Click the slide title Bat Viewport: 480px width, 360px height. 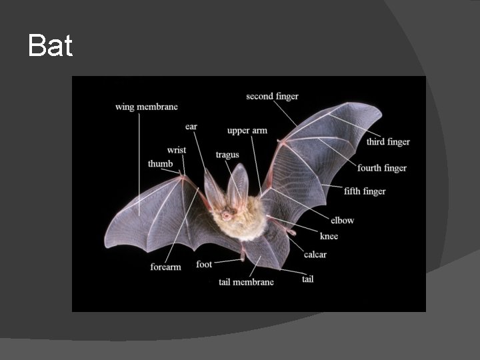click(x=50, y=46)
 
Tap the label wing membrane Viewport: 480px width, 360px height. click(x=147, y=107)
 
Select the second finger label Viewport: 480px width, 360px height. click(x=272, y=97)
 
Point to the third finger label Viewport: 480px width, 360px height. click(x=388, y=142)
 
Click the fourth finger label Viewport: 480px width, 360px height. click(x=382, y=168)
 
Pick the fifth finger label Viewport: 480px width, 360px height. click(x=365, y=191)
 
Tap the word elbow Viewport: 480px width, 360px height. click(x=342, y=220)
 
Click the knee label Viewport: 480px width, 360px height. click(x=329, y=236)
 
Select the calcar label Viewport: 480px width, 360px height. click(x=315, y=254)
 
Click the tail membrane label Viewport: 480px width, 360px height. click(x=246, y=282)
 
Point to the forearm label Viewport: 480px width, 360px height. click(x=165, y=267)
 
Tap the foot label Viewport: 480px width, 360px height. click(x=204, y=265)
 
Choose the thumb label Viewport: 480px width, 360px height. click(x=160, y=164)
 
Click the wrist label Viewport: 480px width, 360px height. click(x=177, y=151)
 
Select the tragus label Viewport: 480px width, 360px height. click(x=227, y=155)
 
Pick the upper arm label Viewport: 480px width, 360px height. click(x=247, y=131)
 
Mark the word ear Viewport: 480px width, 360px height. click(x=191, y=127)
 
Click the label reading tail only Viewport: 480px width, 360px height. click(x=307, y=279)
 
